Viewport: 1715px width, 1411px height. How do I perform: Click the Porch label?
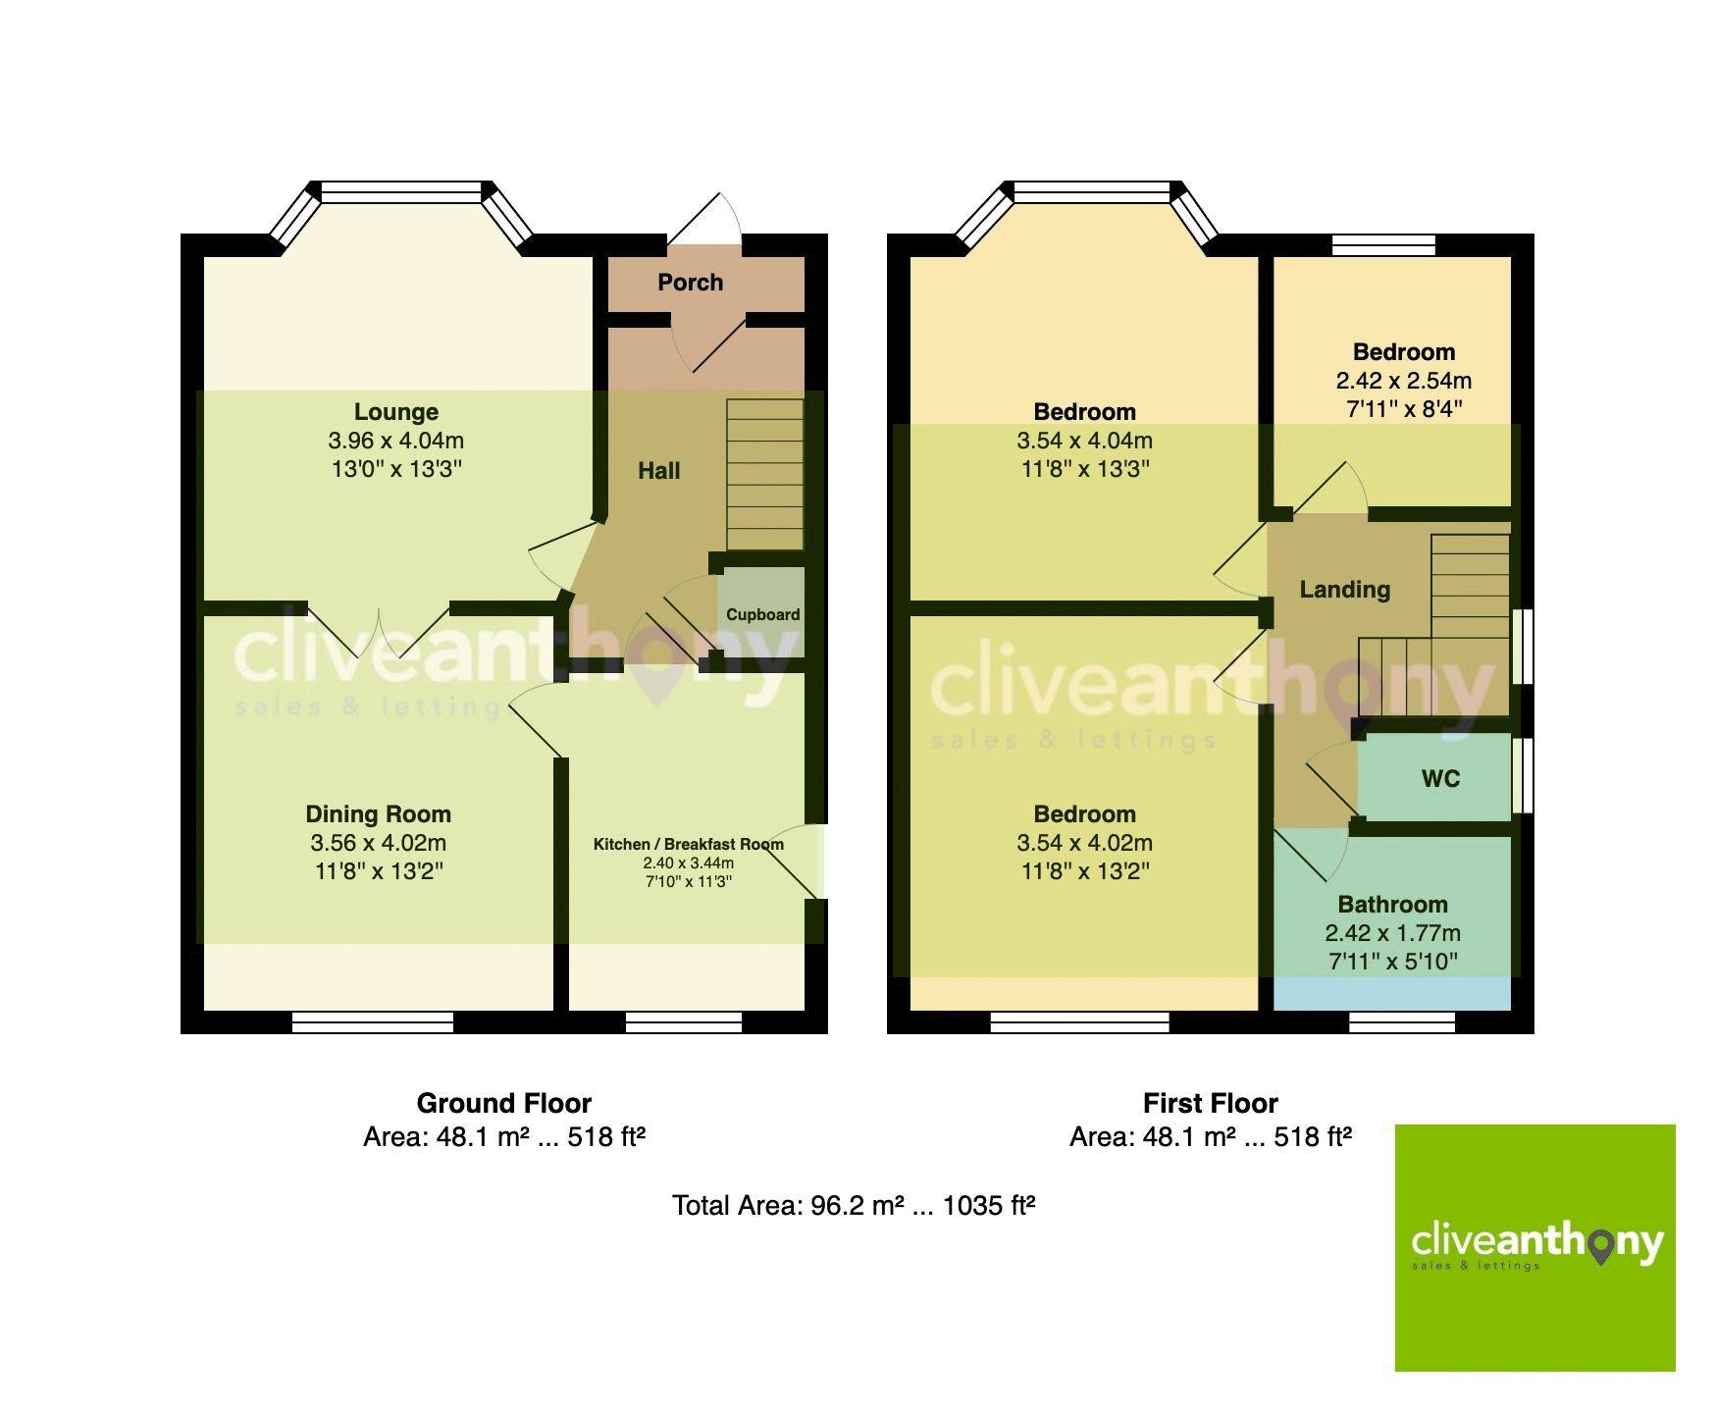pos(690,283)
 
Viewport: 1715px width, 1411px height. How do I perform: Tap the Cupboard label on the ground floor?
pos(762,615)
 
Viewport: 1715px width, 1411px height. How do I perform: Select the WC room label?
pos(1440,779)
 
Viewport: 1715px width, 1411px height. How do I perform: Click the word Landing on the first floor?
pos(1344,590)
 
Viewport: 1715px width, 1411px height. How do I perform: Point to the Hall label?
pos(658,471)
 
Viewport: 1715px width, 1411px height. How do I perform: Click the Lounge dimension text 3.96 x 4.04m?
pos(396,441)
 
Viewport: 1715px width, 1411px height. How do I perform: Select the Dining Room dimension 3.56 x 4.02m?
pos(378,843)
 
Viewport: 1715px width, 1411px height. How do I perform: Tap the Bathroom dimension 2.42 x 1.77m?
pos(1392,933)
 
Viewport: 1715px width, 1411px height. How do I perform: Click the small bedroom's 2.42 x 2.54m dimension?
pos(1403,381)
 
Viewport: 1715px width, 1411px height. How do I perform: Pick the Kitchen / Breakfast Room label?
pos(688,844)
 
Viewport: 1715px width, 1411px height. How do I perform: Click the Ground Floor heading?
pos(503,1104)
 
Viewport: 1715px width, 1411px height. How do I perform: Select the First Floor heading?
pos(1210,1104)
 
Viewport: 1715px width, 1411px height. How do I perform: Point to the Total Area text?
pos(854,1205)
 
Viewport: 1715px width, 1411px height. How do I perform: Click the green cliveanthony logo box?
pos(1534,1247)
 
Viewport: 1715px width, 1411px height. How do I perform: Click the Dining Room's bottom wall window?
pos(373,1022)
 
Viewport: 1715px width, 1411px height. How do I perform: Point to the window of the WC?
pos(1522,775)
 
